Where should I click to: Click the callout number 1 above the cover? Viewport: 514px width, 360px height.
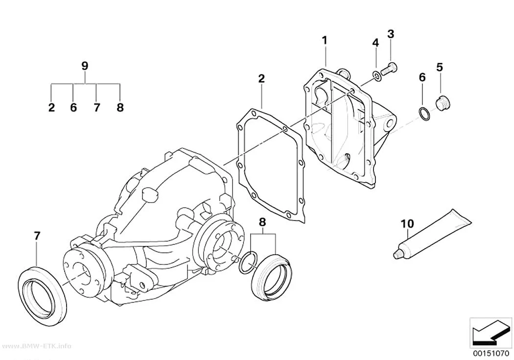click(x=325, y=41)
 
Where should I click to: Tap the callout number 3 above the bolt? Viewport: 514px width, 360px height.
click(x=391, y=34)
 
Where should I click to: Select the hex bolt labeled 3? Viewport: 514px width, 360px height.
click(x=389, y=69)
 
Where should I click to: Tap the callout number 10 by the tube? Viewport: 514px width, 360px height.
click(x=407, y=224)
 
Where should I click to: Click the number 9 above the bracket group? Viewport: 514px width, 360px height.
click(x=85, y=66)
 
